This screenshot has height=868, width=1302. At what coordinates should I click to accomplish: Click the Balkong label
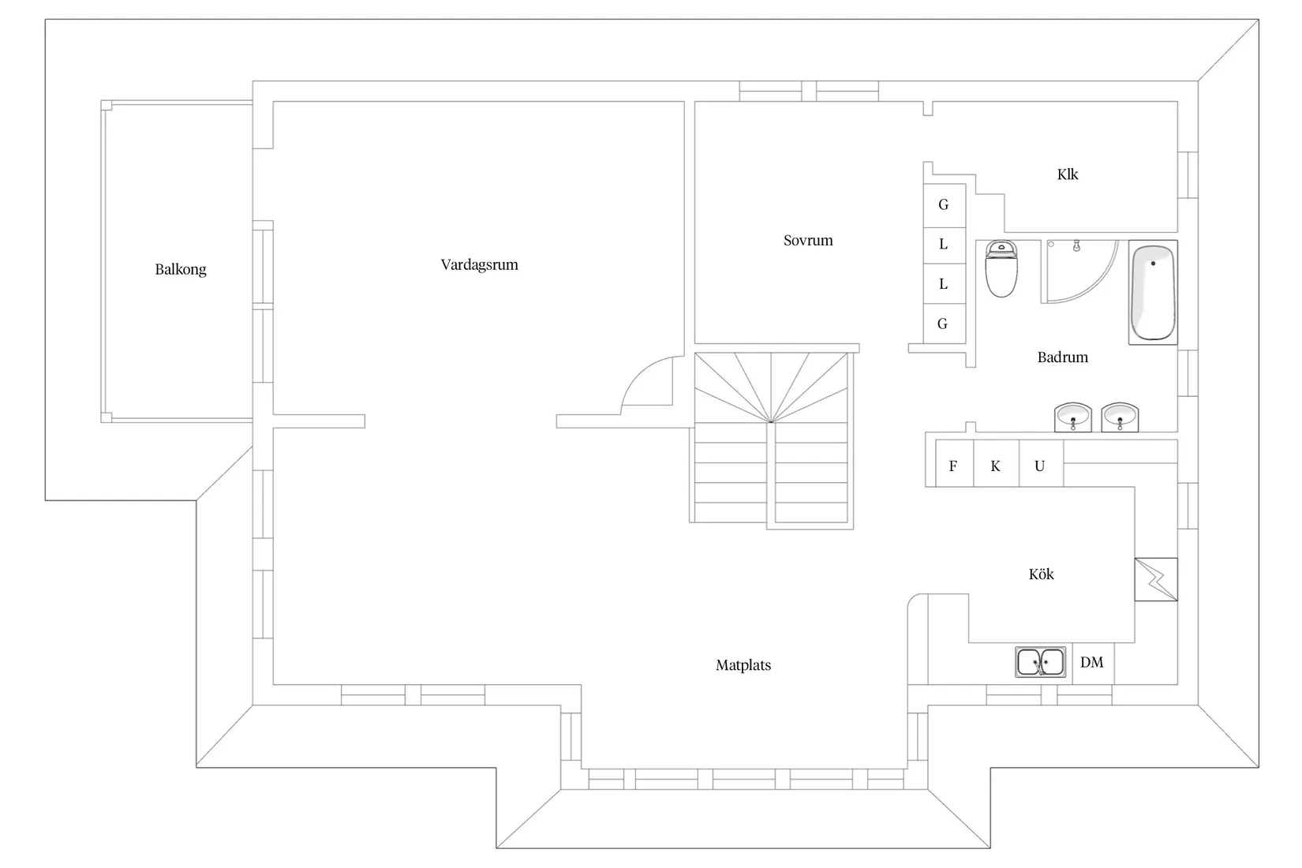coord(180,270)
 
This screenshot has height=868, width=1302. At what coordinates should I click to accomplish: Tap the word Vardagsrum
coord(479,265)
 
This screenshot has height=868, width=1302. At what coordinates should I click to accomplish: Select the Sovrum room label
coord(808,240)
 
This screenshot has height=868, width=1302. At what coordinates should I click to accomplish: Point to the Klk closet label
coord(1067,174)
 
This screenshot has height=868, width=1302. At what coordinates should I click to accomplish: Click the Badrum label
coord(1063,357)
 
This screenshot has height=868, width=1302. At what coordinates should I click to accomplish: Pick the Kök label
coord(1041,574)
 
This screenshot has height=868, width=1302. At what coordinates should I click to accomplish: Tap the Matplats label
coord(743,665)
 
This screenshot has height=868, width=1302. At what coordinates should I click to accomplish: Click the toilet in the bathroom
coord(1001,268)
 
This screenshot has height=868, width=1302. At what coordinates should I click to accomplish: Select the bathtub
coord(1153,293)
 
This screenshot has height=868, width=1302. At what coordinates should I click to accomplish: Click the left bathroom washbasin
coord(1073,417)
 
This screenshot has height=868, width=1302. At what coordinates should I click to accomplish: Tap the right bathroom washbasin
coord(1120,417)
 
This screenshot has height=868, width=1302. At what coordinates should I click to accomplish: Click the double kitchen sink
coord(1041,662)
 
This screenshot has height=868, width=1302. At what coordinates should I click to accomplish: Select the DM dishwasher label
coord(1091,663)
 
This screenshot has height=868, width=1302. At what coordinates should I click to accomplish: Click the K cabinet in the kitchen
coord(997,462)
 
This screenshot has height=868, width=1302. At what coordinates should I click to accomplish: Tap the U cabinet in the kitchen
coord(1041,462)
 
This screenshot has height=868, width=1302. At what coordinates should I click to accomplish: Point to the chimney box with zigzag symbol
coord(1156,580)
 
